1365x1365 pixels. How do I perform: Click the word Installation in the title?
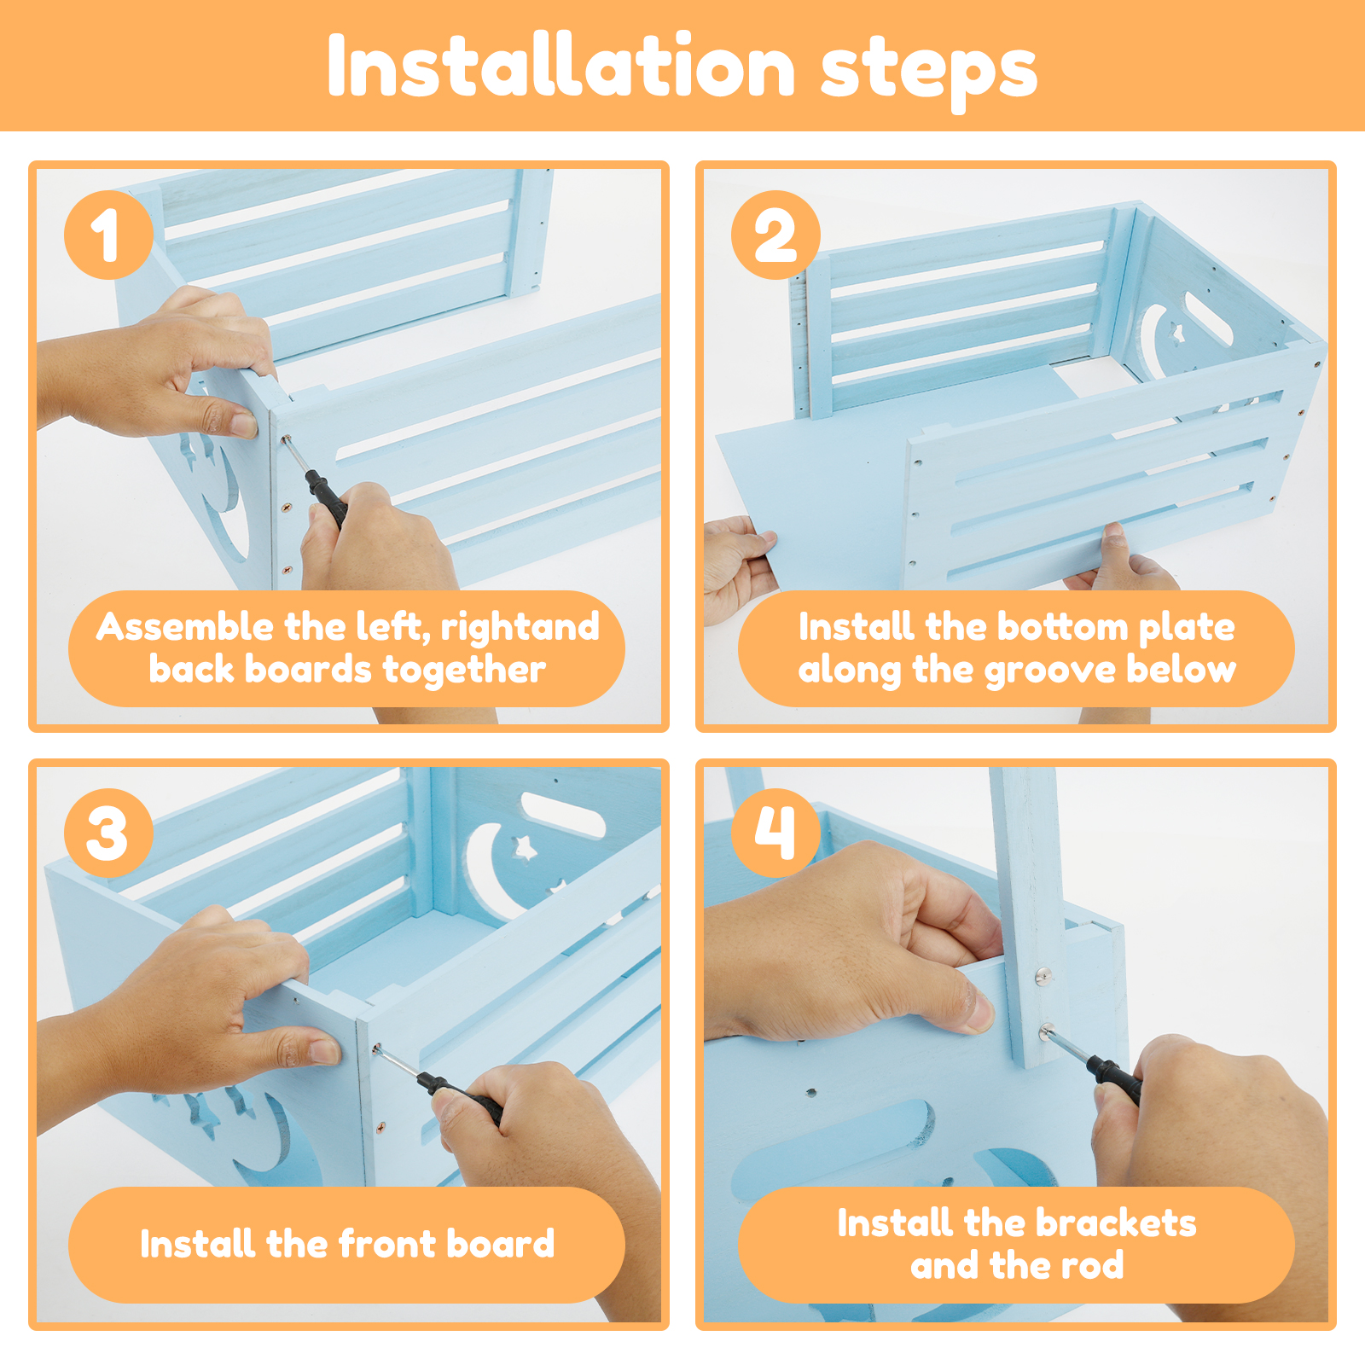[561, 67]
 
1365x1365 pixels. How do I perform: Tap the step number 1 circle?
[108, 235]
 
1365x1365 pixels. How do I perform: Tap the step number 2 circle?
[775, 235]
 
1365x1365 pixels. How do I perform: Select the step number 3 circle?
[108, 833]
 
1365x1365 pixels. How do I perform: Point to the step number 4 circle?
[775, 833]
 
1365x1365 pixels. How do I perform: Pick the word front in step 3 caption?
[387, 1244]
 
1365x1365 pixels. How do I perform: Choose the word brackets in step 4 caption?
[1123, 1223]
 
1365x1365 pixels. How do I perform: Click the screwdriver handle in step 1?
[327, 497]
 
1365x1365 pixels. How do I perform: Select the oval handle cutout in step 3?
[562, 814]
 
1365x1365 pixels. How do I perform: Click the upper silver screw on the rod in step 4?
[1043, 974]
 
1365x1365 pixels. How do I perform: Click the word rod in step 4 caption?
[1089, 1266]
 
